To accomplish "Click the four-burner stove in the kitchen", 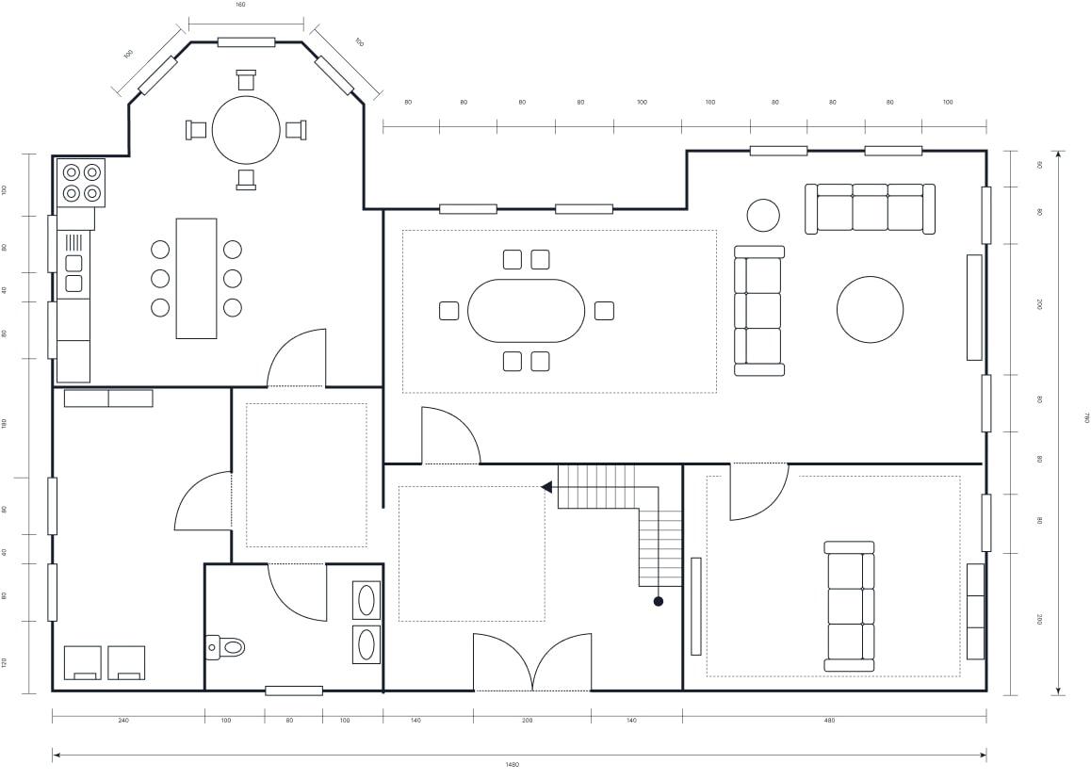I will click(81, 183).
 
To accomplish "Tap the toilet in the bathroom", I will click(227, 647).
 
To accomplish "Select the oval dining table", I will click(526, 311).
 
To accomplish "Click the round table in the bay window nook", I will click(246, 130).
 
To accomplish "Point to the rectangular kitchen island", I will click(196, 278).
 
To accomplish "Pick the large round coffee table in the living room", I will click(870, 310).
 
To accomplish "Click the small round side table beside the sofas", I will click(763, 215).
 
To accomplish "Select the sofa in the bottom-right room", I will click(849, 606).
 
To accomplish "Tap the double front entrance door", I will click(532, 663).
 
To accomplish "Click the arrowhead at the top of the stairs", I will click(546, 487).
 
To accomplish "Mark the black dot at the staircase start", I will click(658, 601).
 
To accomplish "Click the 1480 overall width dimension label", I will click(512, 765).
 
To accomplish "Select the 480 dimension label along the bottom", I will click(829, 721).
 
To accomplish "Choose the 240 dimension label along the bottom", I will click(123, 721).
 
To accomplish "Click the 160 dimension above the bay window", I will click(240, 5).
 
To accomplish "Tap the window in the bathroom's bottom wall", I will click(293, 691).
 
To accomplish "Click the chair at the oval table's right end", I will click(604, 310).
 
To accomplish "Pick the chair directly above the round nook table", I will click(246, 80).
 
